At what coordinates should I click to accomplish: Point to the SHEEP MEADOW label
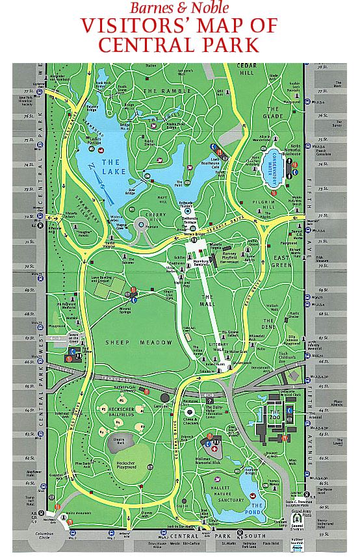(133, 343)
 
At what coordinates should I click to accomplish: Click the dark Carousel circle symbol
(165, 397)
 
